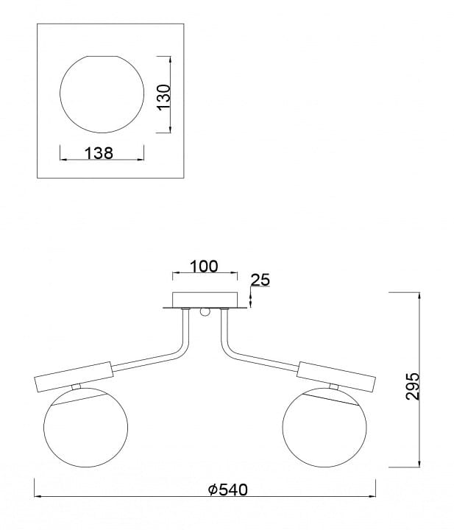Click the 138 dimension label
pyautogui.click(x=99, y=153)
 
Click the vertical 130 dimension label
pyautogui.click(x=164, y=96)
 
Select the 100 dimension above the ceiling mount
pyautogui.click(x=204, y=266)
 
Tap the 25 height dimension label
pyautogui.click(x=260, y=280)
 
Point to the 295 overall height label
pyautogui.click(x=412, y=386)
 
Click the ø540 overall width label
pyautogui.click(x=227, y=490)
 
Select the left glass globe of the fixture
pyautogui.click(x=86, y=425)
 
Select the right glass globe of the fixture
pyautogui.click(x=324, y=425)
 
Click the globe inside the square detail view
pyautogui.click(x=102, y=94)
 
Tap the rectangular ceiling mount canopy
pyautogui.click(x=205, y=300)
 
